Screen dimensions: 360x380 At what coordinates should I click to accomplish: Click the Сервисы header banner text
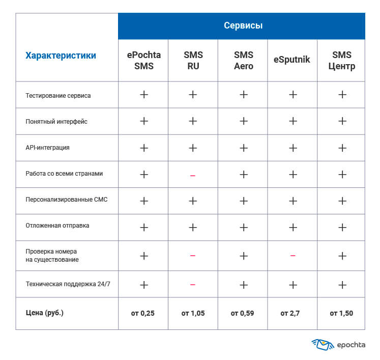pos(243,26)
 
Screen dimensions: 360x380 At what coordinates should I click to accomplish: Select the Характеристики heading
pos(61,56)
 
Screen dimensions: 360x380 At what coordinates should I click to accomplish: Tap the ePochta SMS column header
pos(144,61)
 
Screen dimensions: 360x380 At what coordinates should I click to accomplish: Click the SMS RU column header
pos(193,61)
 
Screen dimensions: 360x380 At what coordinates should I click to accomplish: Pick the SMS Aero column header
pos(243,61)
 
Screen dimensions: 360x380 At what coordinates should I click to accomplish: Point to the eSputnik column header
pos(292,61)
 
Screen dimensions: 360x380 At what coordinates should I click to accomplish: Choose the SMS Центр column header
pos(341,61)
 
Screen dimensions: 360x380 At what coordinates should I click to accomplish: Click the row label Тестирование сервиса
pos(58,95)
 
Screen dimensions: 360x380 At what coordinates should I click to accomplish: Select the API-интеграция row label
pos(47,148)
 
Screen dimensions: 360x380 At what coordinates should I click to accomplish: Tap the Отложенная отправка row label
pos(57,225)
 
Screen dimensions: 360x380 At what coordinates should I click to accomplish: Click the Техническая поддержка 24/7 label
pos(68,284)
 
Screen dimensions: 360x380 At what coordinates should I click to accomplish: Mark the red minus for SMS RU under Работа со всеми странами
pos(193,176)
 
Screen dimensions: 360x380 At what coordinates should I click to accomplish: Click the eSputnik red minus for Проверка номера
pos(293,256)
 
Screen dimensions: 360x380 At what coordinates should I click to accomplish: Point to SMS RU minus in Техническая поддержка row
pos(193,285)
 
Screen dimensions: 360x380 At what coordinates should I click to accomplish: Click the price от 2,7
pos(292,313)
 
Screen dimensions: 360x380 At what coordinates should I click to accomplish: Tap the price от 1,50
pos(341,313)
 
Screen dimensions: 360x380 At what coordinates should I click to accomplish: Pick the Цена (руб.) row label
pos(44,313)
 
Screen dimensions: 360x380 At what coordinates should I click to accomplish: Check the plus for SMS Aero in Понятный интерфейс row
pos(243,121)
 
